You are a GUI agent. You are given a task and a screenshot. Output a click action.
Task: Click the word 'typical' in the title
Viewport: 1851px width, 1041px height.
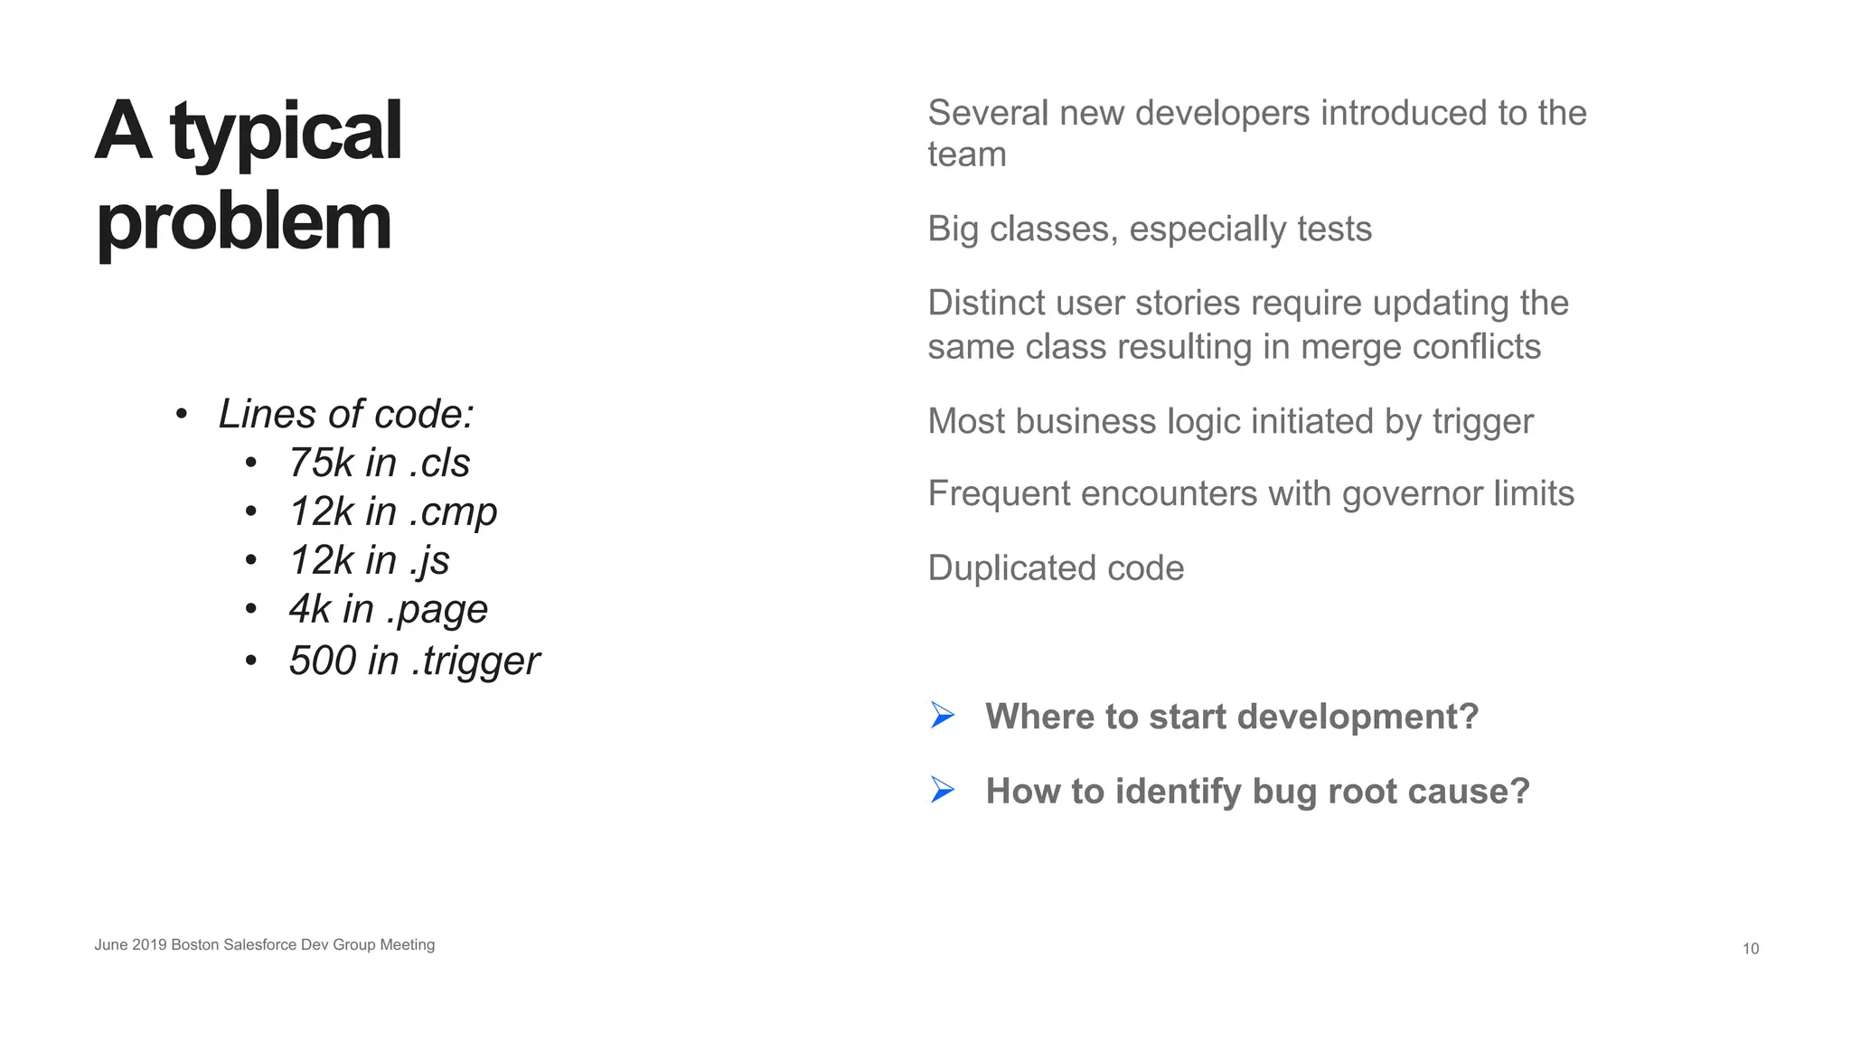pyautogui.click(x=286, y=134)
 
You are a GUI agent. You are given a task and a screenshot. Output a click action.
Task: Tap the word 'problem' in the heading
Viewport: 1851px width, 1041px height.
pyautogui.click(x=244, y=222)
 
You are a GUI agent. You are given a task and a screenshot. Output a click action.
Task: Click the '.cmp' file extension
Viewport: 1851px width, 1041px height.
pyautogui.click(x=453, y=512)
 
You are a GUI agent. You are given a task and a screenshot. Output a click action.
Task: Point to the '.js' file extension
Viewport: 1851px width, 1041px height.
pyautogui.click(x=429, y=561)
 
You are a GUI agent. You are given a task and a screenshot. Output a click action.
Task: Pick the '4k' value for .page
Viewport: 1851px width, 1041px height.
pyautogui.click(x=310, y=609)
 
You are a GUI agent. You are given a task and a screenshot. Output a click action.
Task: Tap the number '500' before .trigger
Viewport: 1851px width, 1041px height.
pyautogui.click(x=323, y=661)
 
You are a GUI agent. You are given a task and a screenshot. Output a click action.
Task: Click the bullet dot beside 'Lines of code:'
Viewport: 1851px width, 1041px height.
pyautogui.click(x=182, y=415)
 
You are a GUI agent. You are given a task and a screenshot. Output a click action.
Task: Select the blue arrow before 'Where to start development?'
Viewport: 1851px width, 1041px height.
pyautogui.click(x=943, y=716)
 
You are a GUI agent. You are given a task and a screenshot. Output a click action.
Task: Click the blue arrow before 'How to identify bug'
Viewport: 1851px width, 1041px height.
pyautogui.click(x=943, y=790)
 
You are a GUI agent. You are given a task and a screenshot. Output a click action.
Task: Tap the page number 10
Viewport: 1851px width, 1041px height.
pyautogui.click(x=1751, y=948)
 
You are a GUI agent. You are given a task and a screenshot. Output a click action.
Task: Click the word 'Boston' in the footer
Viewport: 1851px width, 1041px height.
pyautogui.click(x=194, y=944)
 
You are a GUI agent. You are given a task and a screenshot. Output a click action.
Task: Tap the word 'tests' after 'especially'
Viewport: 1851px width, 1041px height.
pyautogui.click(x=1334, y=230)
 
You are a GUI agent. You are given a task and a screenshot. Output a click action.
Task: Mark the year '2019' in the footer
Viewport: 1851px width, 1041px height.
pyautogui.click(x=149, y=944)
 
